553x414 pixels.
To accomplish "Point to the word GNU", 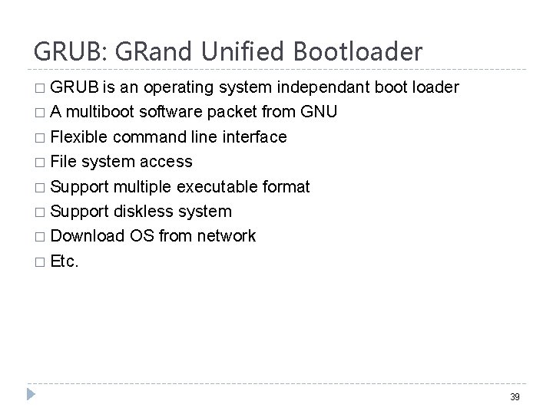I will [x=318, y=113].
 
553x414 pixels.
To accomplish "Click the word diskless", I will [x=147, y=211].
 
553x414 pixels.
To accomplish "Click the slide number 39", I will [x=514, y=397].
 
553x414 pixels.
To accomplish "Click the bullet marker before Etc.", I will [x=40, y=261].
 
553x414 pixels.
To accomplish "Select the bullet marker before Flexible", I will [x=40, y=138].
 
